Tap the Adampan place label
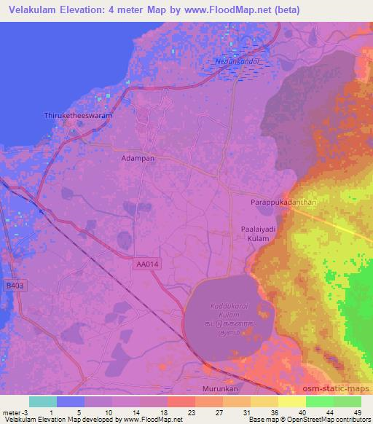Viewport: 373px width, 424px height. pyautogui.click(x=134, y=156)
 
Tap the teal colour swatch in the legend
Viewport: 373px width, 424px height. pyautogui.click(x=43, y=401)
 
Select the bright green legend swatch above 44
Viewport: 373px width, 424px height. pyautogui.click(x=320, y=401)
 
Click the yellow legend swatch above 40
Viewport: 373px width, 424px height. pyautogui.click(x=292, y=401)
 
